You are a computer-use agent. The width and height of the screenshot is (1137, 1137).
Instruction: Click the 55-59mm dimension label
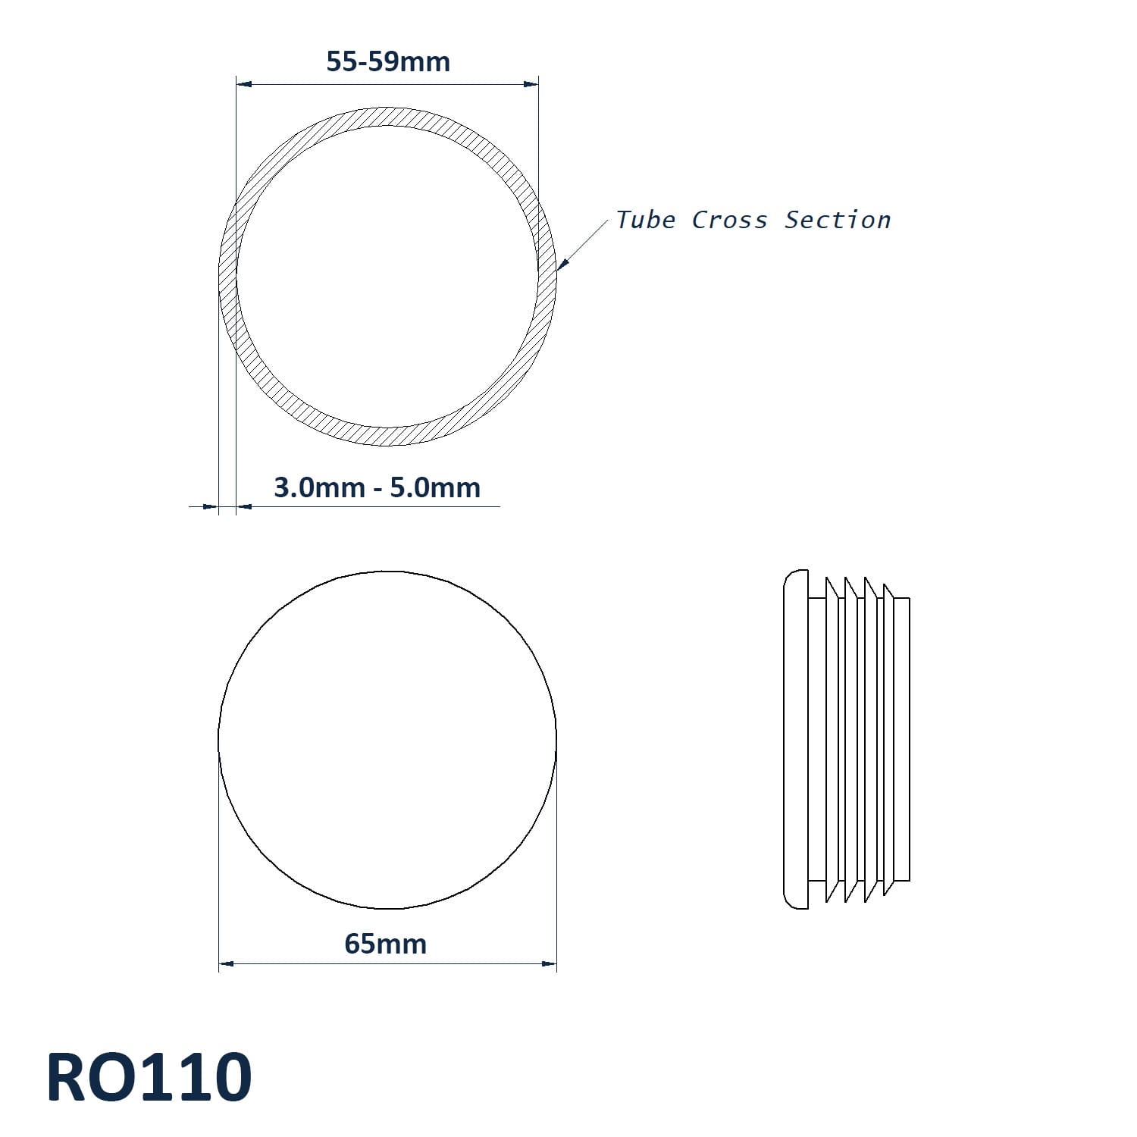tap(388, 61)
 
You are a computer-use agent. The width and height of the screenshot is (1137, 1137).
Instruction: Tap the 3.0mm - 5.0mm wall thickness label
tap(377, 487)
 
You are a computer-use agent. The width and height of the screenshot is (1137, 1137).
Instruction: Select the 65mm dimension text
tap(386, 944)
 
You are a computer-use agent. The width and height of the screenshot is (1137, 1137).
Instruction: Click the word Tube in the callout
tap(645, 220)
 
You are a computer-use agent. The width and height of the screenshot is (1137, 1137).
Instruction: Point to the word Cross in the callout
tap(729, 220)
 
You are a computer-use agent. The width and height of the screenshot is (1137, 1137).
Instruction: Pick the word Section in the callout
tap(838, 220)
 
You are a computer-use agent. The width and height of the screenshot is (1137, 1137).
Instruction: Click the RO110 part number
tap(149, 1077)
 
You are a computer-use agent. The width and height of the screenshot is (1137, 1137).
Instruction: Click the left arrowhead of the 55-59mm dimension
tap(243, 85)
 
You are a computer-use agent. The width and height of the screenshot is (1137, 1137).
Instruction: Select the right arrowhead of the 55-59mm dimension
tap(531, 85)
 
